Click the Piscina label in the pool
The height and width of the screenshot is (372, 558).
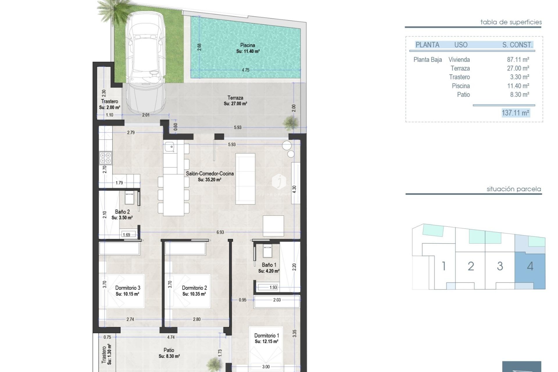pos(248,45)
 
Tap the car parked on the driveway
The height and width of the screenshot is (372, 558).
pos(145,62)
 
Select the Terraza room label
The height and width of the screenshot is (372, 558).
pos(235,98)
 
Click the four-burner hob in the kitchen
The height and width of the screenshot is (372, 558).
pos(105,158)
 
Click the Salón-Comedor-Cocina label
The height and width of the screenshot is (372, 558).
pos(210,174)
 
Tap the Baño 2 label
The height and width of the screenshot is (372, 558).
pos(122,212)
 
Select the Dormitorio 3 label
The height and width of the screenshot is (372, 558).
pos(128,288)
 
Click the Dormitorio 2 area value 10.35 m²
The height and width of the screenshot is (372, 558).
pos(194,294)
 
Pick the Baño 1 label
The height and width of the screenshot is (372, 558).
pos(269,265)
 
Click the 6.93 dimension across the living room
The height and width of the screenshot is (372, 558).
pos(220,232)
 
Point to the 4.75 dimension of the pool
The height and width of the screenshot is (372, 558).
pos(245,70)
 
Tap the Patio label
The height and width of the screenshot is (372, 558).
pos(169,350)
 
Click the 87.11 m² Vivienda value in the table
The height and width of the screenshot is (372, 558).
pos(518,60)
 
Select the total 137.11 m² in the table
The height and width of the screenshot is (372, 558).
pos(515,113)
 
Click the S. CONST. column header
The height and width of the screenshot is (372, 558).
pos(517,45)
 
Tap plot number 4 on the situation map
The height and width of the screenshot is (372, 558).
pos(530,266)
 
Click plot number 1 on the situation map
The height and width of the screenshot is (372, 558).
pos(443,266)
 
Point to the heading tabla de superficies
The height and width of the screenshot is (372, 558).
pos(511,22)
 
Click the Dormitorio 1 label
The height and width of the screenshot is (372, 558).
pos(266,336)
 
